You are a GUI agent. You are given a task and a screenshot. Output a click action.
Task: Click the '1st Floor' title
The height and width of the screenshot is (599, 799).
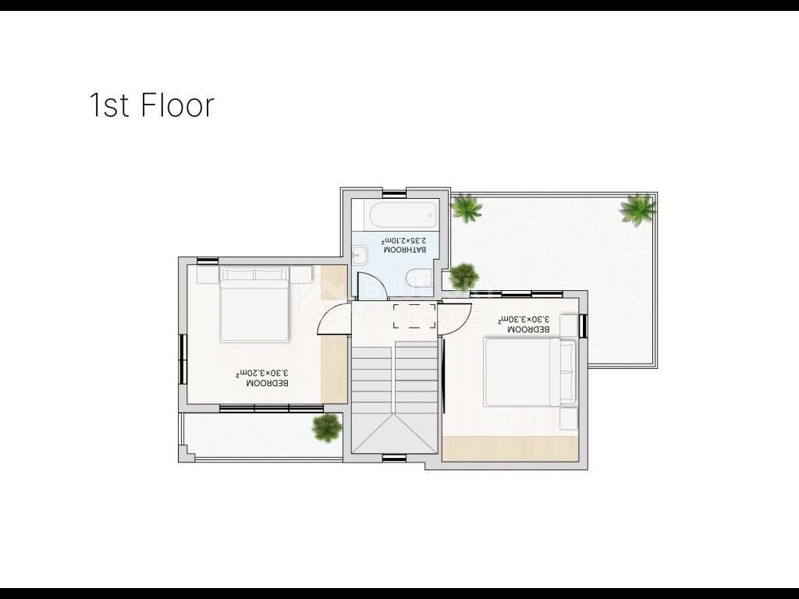click(151, 105)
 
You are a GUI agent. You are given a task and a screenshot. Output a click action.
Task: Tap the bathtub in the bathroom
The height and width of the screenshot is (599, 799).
click(404, 214)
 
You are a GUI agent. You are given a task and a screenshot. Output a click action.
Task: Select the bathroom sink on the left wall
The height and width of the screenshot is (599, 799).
click(360, 254)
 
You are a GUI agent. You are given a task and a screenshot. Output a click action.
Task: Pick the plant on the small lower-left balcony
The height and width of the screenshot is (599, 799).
click(326, 427)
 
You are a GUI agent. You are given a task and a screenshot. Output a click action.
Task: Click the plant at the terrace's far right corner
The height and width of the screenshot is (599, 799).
click(638, 208)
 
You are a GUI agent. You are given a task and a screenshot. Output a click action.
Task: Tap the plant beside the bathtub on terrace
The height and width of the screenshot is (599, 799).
click(466, 207)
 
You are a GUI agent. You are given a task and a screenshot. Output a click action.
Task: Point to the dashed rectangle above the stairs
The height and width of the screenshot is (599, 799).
click(414, 316)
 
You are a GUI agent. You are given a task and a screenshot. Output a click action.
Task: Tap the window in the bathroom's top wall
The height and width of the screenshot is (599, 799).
click(394, 192)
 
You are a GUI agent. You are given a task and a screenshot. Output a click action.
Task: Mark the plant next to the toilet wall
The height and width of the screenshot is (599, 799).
click(463, 276)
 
